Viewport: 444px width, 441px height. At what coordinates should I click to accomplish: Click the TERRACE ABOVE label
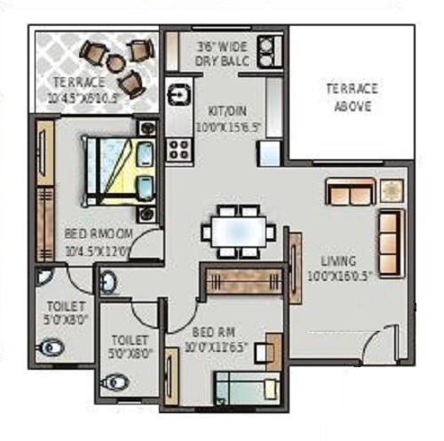pos(351,97)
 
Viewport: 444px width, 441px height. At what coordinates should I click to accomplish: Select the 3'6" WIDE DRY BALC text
pos(222,53)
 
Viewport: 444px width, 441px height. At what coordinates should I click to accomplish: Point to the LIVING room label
pos(338,268)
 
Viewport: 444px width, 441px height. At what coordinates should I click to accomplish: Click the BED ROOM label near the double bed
pos(99,240)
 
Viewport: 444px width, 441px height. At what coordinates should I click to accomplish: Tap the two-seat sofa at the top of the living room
pos(349,191)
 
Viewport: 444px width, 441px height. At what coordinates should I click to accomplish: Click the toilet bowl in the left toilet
pos(53,348)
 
